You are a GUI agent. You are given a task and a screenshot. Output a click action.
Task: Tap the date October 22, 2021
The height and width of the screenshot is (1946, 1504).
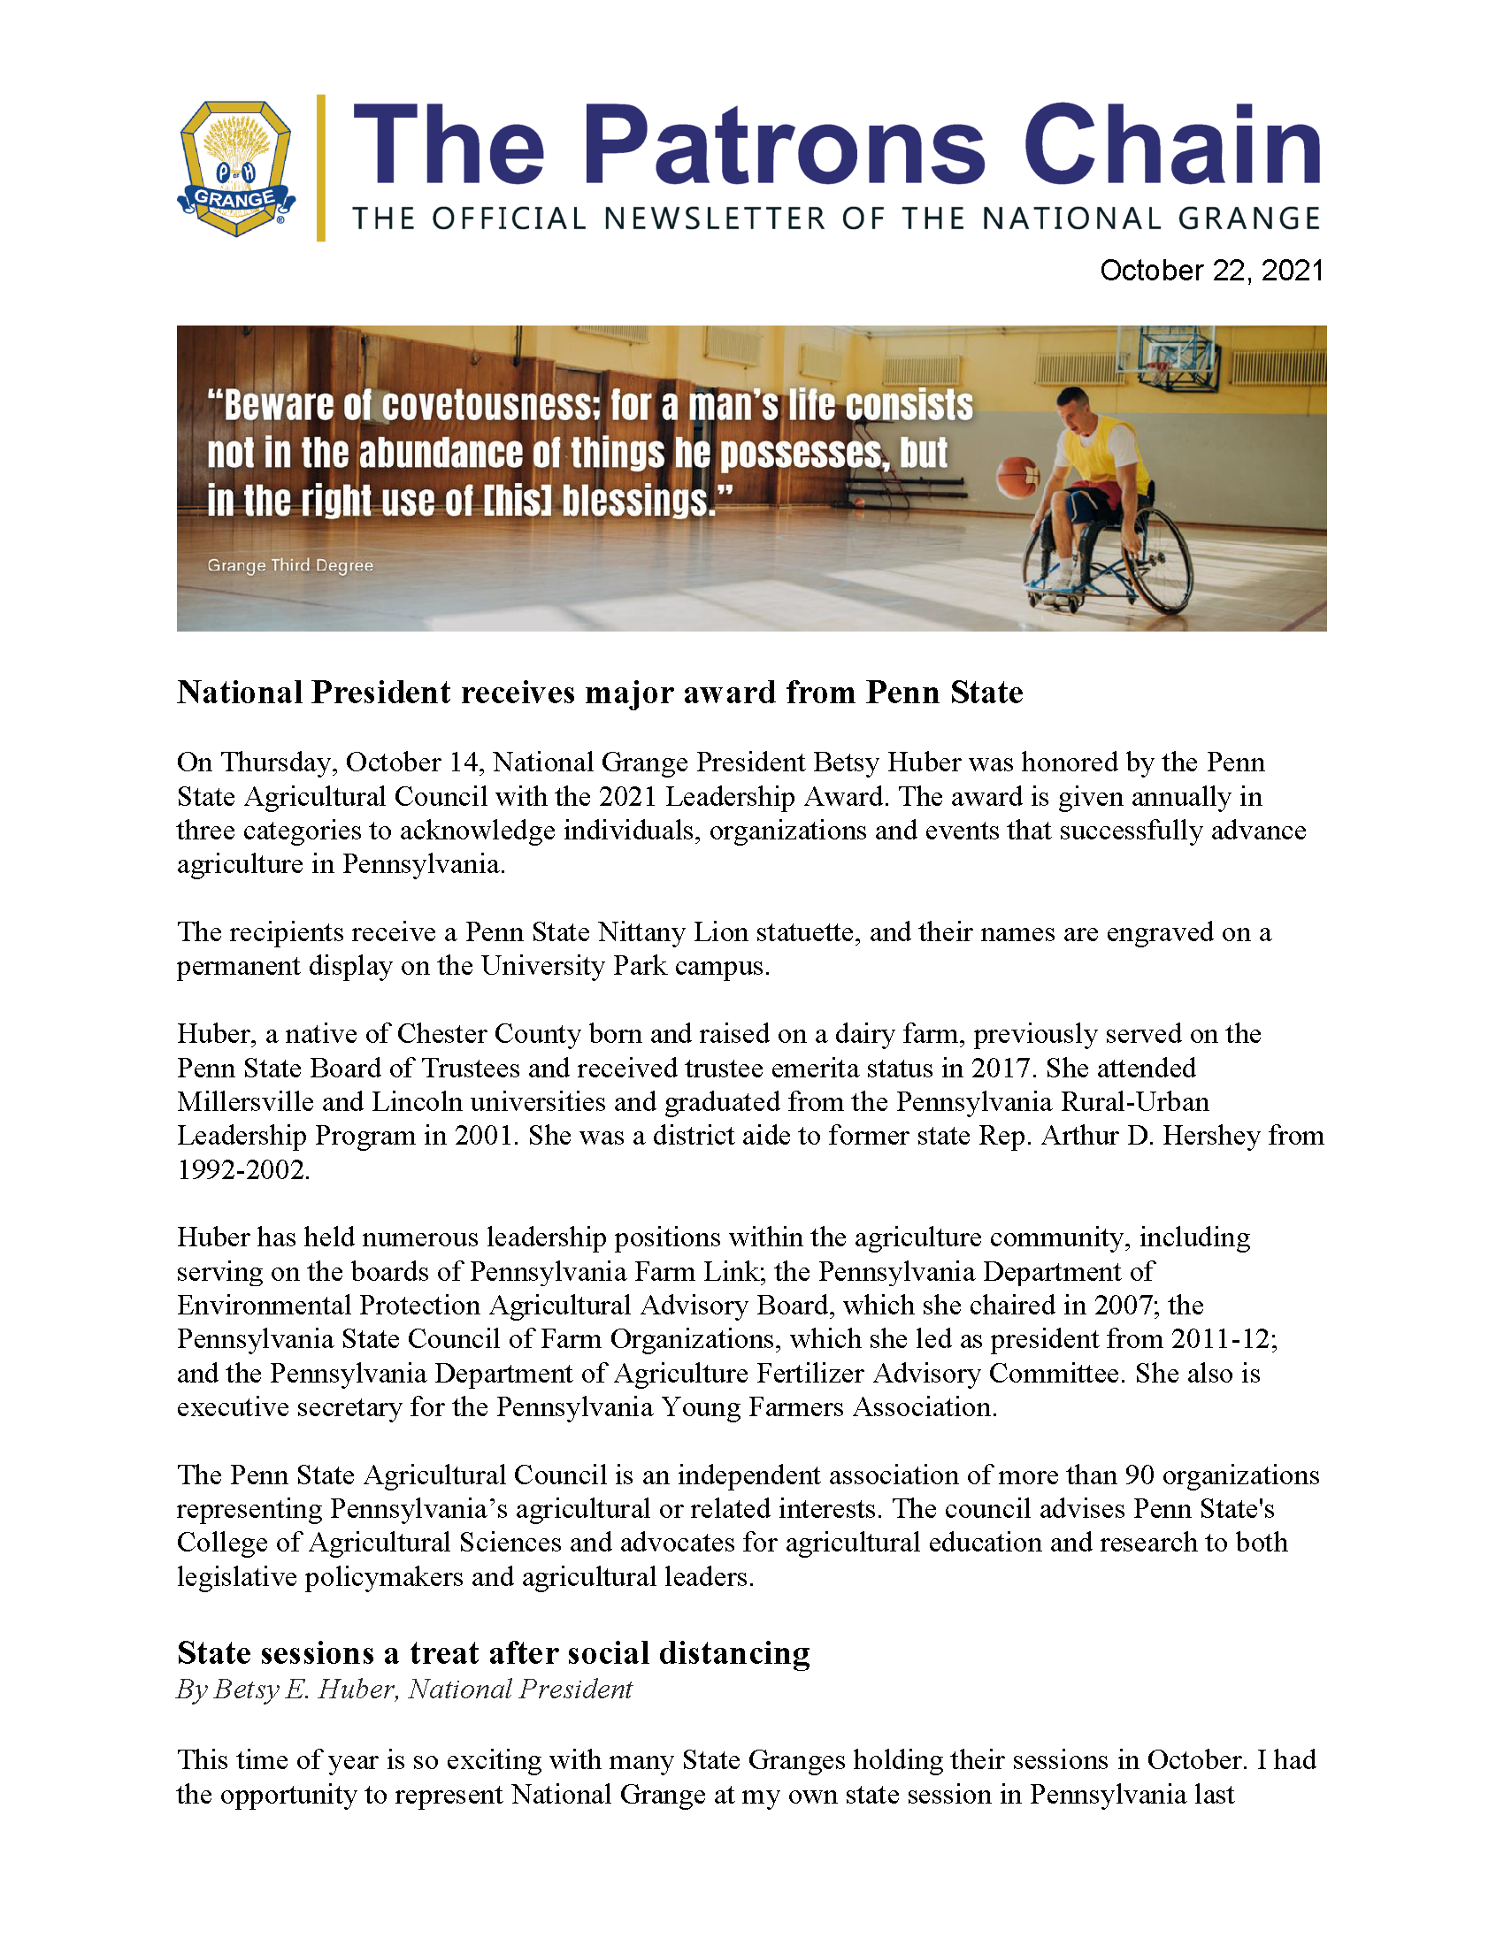click(1212, 271)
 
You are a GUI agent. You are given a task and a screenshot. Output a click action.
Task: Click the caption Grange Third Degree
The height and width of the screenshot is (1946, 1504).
click(289, 566)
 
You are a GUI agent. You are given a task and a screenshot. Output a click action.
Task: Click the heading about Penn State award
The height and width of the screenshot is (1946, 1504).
click(600, 693)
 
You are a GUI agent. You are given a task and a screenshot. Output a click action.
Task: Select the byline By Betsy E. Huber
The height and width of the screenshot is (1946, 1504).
click(403, 1689)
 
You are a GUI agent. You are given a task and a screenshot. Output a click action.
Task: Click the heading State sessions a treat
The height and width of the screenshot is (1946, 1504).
click(493, 1653)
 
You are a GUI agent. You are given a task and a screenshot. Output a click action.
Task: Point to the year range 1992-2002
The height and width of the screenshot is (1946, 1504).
click(242, 1170)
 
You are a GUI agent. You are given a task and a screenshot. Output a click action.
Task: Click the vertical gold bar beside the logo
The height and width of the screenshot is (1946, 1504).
click(321, 167)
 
